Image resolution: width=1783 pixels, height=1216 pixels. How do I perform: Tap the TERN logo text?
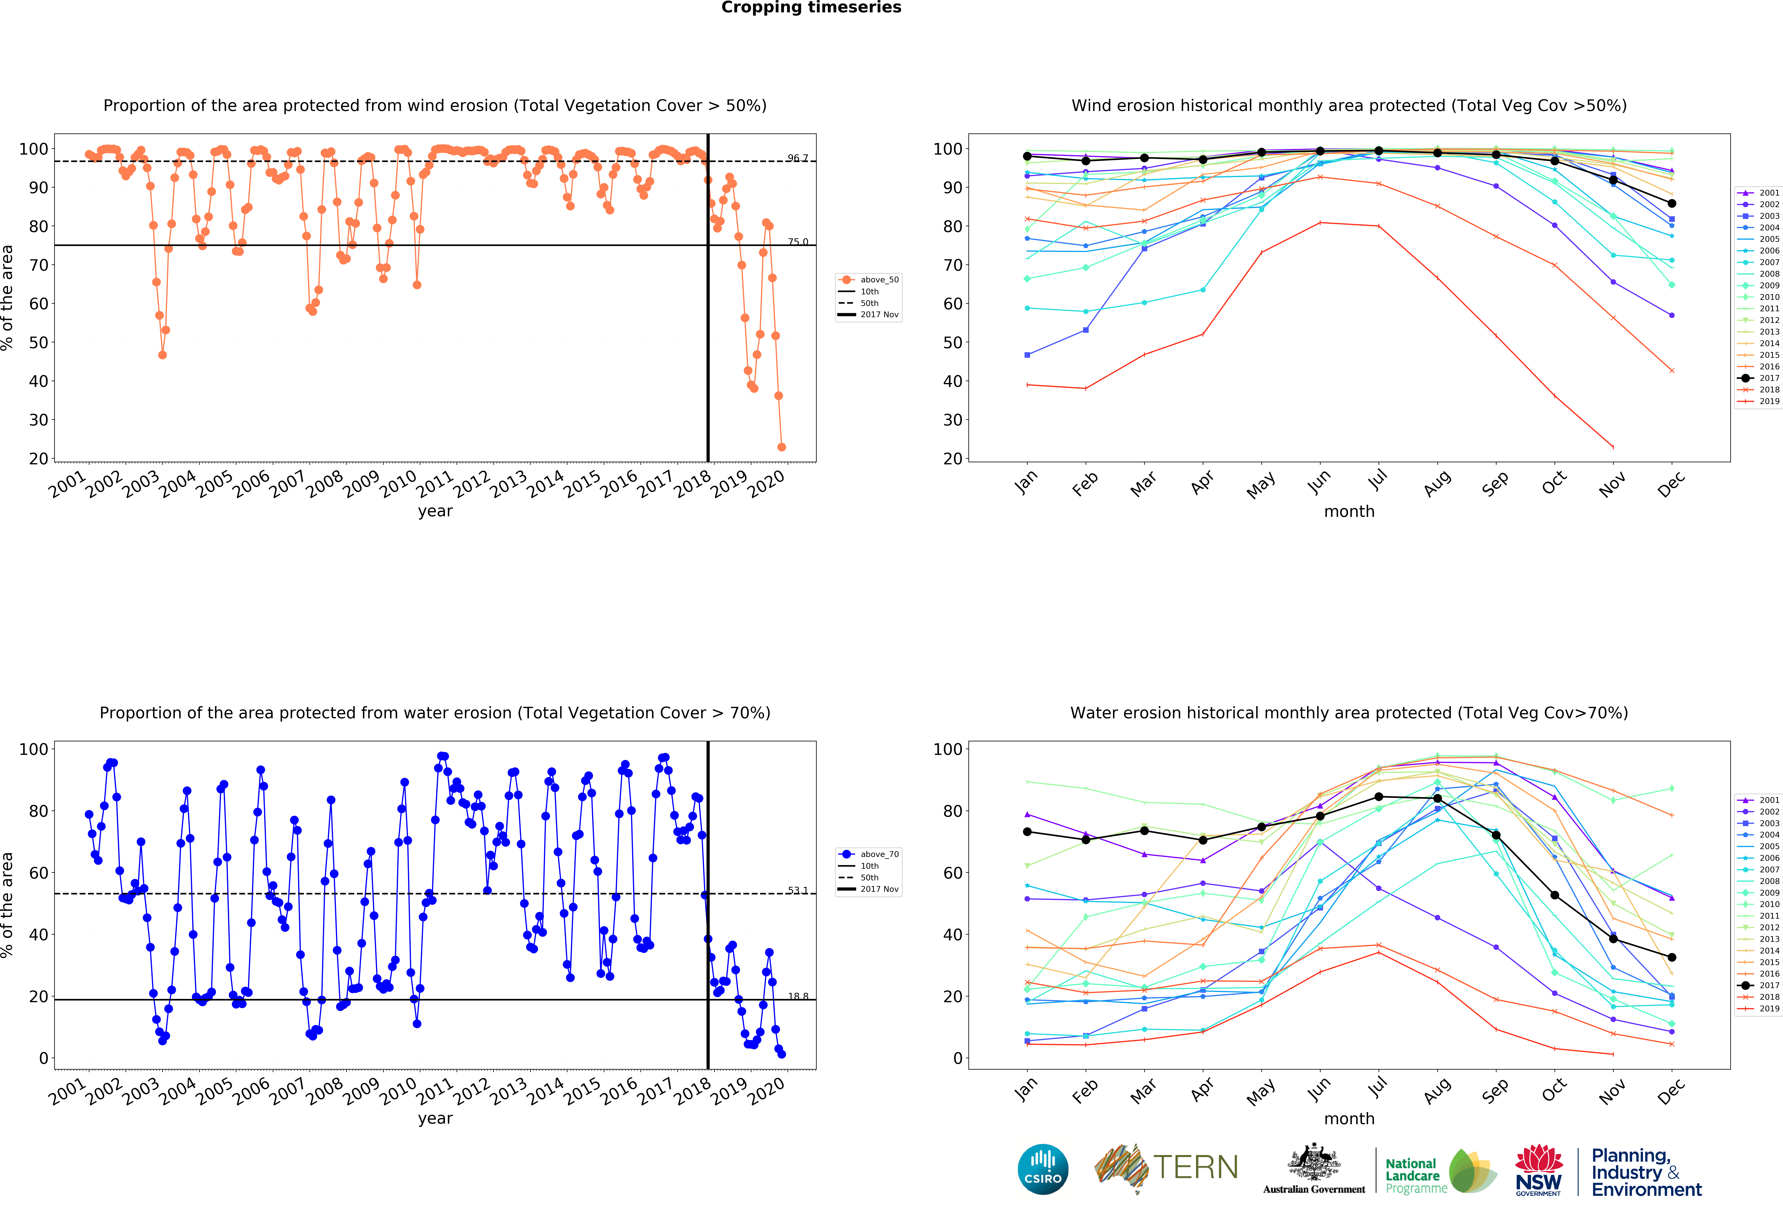click(x=1195, y=1168)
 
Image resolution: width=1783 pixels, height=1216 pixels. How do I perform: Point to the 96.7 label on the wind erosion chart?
click(x=797, y=158)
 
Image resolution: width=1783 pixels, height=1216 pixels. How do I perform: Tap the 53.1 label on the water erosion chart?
click(x=797, y=890)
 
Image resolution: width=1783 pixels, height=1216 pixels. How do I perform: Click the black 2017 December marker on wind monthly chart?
click(x=1672, y=204)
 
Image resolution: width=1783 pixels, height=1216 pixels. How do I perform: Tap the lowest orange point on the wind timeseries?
click(x=781, y=447)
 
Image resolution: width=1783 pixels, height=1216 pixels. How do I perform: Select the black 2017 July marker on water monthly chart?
click(x=1379, y=797)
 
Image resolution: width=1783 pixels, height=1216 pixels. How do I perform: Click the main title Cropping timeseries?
click(x=811, y=8)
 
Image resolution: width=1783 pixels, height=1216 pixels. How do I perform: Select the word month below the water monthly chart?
click(x=1349, y=1119)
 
